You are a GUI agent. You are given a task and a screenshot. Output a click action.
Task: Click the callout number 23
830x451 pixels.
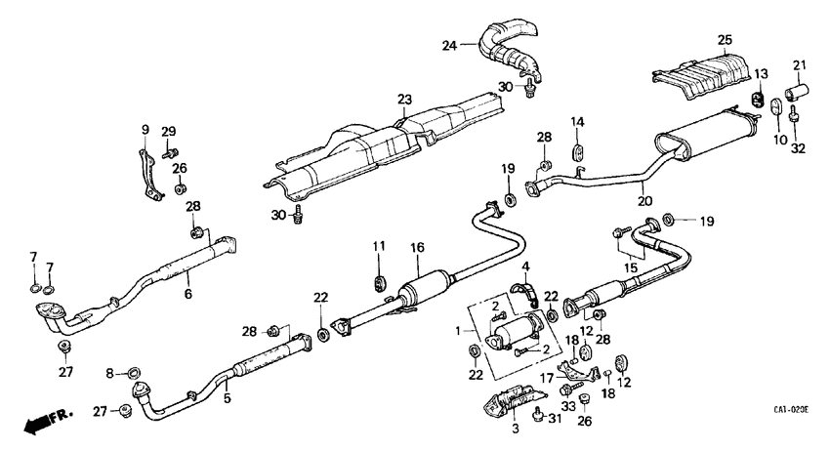(x=404, y=99)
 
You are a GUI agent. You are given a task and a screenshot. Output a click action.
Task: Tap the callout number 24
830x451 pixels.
(x=448, y=45)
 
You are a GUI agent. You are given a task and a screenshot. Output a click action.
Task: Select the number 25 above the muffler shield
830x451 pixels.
(x=725, y=40)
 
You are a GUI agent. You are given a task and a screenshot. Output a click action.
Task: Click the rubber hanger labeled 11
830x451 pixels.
(x=380, y=283)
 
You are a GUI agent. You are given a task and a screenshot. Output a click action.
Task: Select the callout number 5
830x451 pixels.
(x=228, y=398)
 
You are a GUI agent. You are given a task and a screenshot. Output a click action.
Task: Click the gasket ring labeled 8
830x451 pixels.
(x=134, y=371)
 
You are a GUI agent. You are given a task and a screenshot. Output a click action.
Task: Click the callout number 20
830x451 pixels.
(x=643, y=201)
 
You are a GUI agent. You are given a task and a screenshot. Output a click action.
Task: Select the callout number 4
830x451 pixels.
(x=524, y=266)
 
